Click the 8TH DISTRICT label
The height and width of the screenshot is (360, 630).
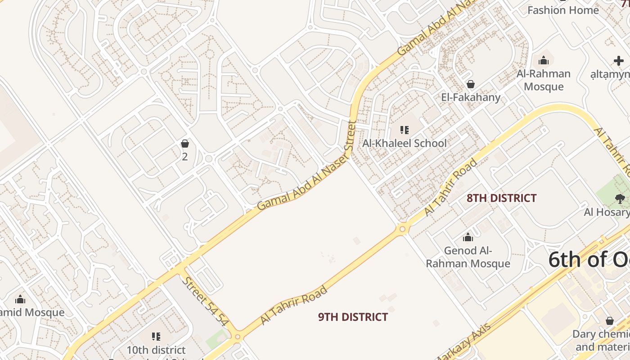click(x=501, y=198)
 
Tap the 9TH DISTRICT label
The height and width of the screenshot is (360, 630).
click(x=353, y=317)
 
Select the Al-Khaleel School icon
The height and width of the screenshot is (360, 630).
click(x=405, y=130)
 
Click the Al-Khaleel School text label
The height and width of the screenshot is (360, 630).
click(x=405, y=143)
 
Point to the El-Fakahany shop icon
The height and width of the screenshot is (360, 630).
click(x=471, y=84)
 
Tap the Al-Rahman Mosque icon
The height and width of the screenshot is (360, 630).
click(x=544, y=60)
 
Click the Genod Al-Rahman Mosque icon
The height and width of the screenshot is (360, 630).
click(x=468, y=237)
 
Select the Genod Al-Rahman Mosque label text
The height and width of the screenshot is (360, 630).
click(x=468, y=257)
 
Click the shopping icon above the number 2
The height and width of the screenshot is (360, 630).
click(x=184, y=144)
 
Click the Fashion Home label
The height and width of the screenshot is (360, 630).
click(x=563, y=10)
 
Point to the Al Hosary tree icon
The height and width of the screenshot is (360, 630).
click(x=620, y=198)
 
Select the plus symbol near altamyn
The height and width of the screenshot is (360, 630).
click(x=618, y=61)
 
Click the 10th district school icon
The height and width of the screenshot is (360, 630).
click(x=156, y=336)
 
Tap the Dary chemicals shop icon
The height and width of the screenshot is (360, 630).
click(x=610, y=321)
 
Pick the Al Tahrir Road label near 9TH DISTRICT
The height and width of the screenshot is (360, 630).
click(x=294, y=305)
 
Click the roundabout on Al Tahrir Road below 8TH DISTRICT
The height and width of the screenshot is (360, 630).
click(x=402, y=229)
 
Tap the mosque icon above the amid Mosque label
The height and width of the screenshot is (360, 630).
click(x=20, y=299)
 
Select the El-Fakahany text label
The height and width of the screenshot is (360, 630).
click(x=471, y=97)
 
